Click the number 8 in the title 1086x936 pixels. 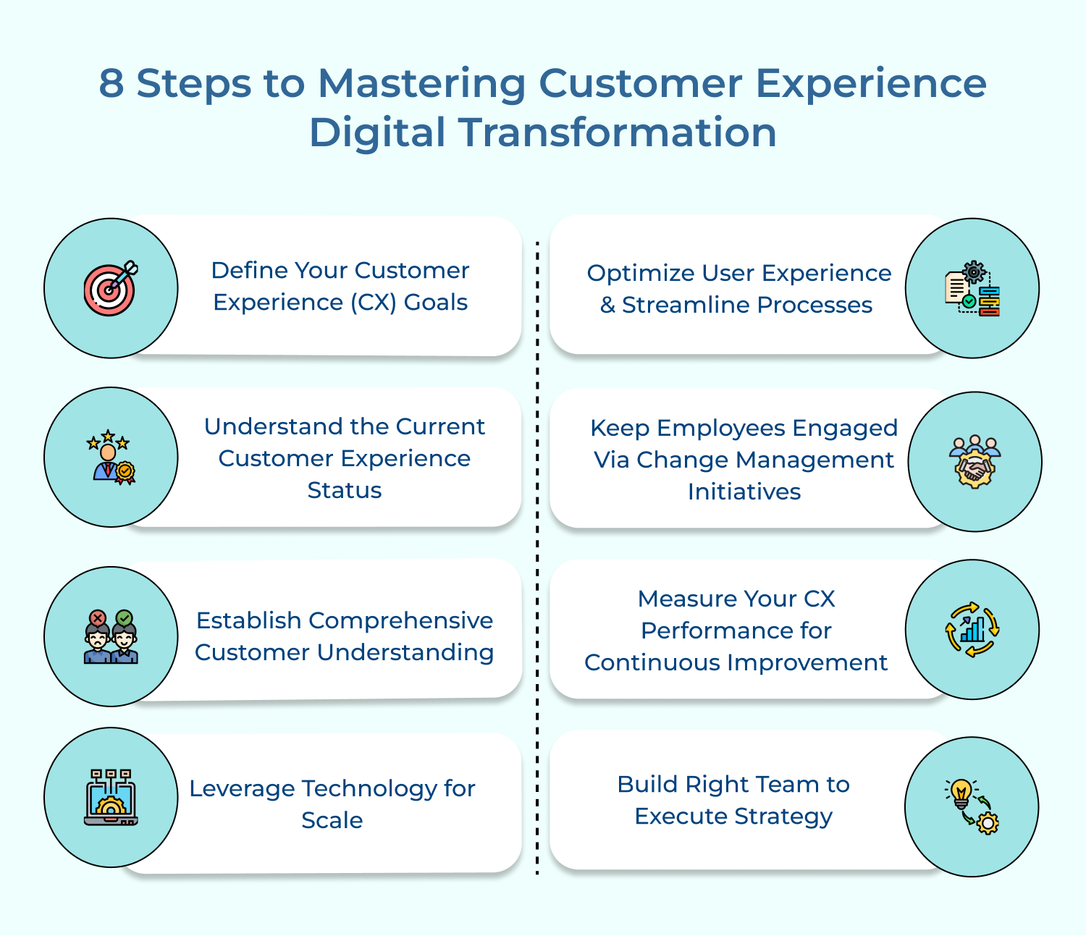tap(111, 83)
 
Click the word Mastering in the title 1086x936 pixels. tap(421, 83)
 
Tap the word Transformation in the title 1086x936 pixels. tap(618, 133)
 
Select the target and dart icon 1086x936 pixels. tap(110, 288)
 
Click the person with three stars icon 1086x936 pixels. tap(110, 457)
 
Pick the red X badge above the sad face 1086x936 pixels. tap(97, 618)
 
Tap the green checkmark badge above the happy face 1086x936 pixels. tap(125, 618)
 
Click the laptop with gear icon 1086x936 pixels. tap(111, 798)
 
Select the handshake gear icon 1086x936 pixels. tap(975, 462)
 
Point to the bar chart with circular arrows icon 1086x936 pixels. tap(972, 629)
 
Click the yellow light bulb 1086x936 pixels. tap(961, 792)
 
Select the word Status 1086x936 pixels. tap(344, 491)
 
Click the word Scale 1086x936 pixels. tap(332, 821)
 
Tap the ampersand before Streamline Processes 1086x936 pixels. tap(607, 305)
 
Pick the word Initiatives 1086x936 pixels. tap(744, 492)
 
